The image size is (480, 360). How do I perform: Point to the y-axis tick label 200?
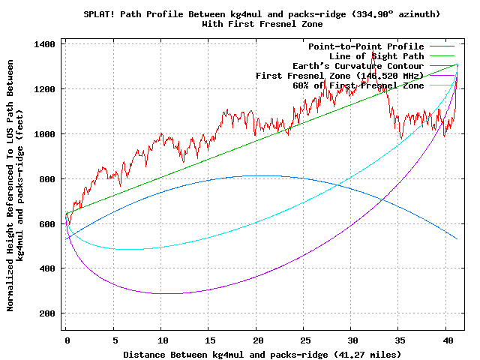pos(49,313)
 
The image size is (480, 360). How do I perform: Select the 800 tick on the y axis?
pos(49,179)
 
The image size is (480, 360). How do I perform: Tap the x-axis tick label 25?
pos(304,340)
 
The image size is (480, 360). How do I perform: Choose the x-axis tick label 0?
pos(67,340)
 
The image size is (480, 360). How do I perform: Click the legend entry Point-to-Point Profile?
pos(366,46)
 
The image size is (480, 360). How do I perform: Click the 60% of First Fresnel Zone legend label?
pos(358,85)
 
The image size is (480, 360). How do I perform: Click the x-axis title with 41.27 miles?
pos(262,353)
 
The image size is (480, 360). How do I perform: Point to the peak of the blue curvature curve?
pos(253,175)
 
